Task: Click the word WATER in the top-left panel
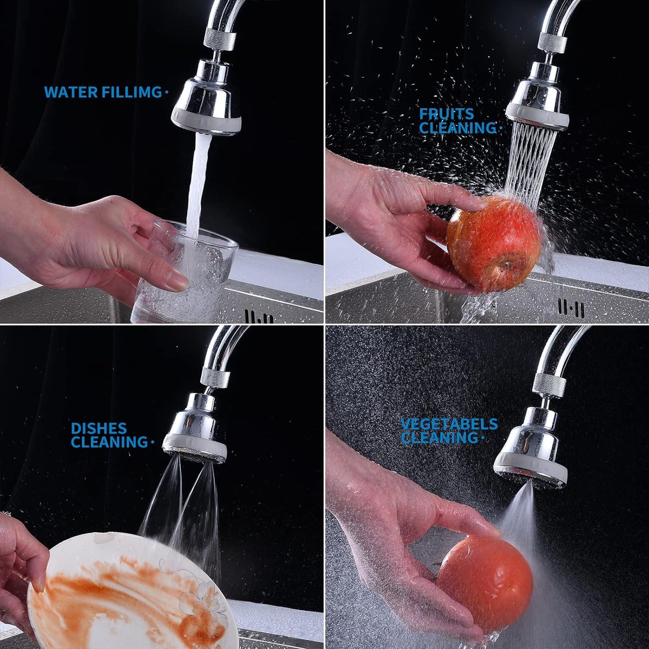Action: point(71,92)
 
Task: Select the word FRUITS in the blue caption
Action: point(446,114)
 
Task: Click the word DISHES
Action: point(99,428)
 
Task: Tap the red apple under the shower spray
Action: point(494,245)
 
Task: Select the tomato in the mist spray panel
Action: point(485,579)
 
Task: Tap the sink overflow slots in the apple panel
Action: point(571,309)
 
